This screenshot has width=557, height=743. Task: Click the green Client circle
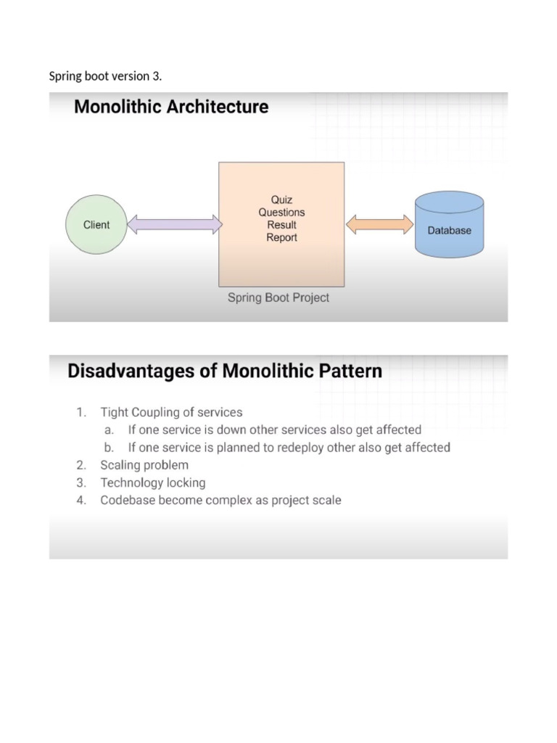(x=96, y=225)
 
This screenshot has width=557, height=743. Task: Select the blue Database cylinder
(x=449, y=226)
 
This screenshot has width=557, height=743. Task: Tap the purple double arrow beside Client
(x=174, y=225)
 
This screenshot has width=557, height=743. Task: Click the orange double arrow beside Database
(x=375, y=225)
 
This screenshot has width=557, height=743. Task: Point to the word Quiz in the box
(x=281, y=200)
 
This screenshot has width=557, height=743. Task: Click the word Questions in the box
(x=281, y=212)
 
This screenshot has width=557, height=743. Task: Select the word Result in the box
(x=281, y=225)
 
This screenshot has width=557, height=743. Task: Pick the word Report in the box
(x=281, y=237)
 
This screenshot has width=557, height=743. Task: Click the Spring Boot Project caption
(x=278, y=297)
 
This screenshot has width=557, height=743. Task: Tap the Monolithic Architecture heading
(x=171, y=107)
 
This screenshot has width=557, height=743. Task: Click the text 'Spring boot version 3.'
(x=105, y=76)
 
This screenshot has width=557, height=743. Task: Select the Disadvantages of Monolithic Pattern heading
(x=225, y=371)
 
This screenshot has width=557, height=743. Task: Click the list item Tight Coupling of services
(x=171, y=412)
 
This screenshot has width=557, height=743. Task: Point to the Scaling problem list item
(x=144, y=465)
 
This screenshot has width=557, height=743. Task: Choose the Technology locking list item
(x=153, y=483)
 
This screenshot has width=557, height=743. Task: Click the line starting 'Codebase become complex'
(x=220, y=500)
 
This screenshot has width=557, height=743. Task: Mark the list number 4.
(x=81, y=500)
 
